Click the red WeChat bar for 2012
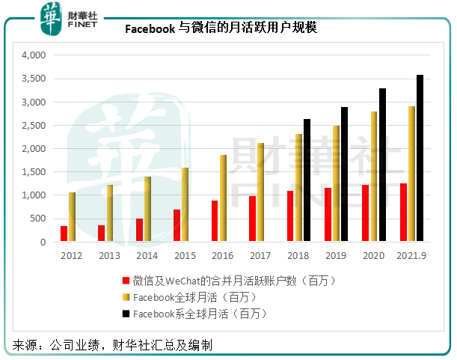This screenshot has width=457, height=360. click(x=64, y=234)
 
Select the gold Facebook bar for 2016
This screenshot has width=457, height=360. click(x=223, y=198)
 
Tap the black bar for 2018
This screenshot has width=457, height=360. click(x=307, y=180)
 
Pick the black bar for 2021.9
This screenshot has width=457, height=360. click(x=420, y=158)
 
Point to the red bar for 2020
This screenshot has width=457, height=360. click(x=365, y=213)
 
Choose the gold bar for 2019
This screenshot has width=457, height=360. click(x=336, y=183)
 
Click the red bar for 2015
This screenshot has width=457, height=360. click(x=177, y=225)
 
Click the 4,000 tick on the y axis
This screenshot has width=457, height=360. click(x=34, y=55)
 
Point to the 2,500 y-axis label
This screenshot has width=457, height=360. click(x=34, y=126)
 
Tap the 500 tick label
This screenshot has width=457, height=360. click(x=39, y=219)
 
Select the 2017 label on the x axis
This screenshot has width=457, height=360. click(x=260, y=255)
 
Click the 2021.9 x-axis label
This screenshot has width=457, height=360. click(x=411, y=255)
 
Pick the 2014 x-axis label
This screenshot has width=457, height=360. click(x=147, y=255)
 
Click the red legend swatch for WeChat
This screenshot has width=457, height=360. click(x=126, y=281)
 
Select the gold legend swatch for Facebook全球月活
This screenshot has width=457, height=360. click(x=126, y=297)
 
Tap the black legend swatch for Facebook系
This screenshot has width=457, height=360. click(x=126, y=314)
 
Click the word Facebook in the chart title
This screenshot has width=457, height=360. click(x=150, y=30)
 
